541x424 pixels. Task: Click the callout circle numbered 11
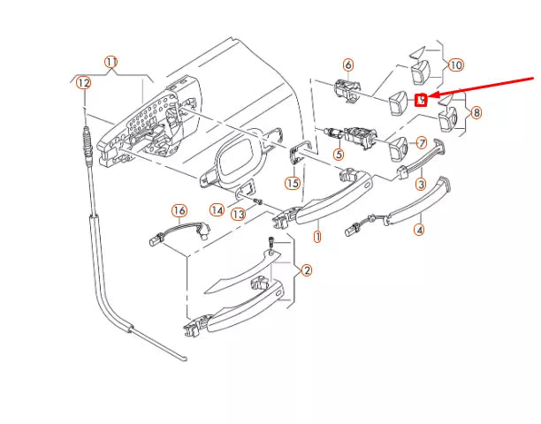pyautogui.click(x=110, y=62)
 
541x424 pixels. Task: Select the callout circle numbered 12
pyautogui.click(x=82, y=82)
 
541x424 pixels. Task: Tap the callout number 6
pyautogui.click(x=347, y=64)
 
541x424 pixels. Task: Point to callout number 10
pyautogui.click(x=455, y=64)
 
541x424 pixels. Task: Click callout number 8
pyautogui.click(x=476, y=112)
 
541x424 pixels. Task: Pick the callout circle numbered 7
pyautogui.click(x=421, y=143)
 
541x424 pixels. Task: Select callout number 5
pyautogui.click(x=338, y=154)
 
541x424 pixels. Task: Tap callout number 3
pyautogui.click(x=421, y=184)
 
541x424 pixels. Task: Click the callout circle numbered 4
pyautogui.click(x=419, y=231)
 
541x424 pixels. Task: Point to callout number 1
pyautogui.click(x=317, y=237)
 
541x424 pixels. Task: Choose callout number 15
pyautogui.click(x=293, y=183)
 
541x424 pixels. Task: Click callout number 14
pyautogui.click(x=217, y=209)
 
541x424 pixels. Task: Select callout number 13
pyautogui.click(x=237, y=215)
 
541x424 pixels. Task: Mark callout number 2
pyautogui.click(x=306, y=270)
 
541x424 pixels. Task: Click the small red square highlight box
pyautogui.click(x=422, y=99)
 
